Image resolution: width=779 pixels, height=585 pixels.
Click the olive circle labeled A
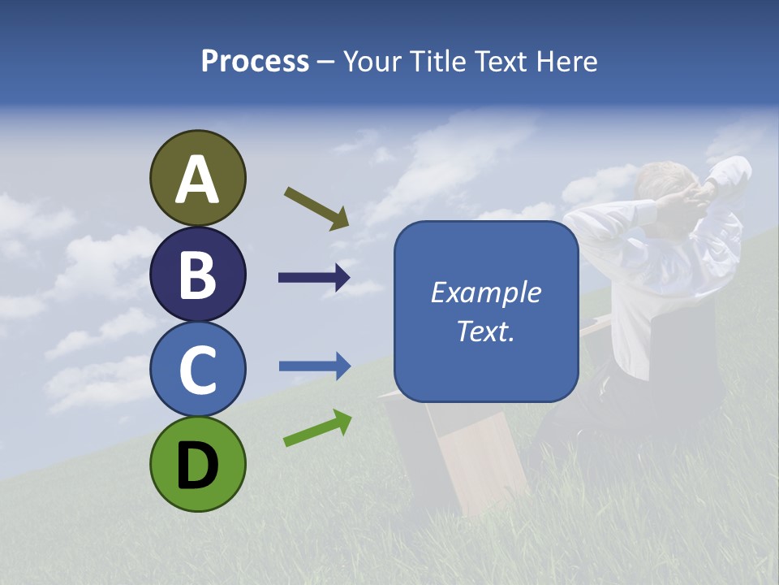point(198,178)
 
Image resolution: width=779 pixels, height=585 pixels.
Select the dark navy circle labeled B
point(198,274)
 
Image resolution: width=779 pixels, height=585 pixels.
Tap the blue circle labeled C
point(198,369)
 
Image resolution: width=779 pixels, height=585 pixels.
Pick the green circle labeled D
point(198,465)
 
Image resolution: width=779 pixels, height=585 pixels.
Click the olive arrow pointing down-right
point(316,207)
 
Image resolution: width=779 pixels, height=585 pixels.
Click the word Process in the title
point(255,61)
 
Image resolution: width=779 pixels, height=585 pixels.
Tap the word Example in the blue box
point(486,292)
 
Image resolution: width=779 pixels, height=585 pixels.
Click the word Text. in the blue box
point(486,331)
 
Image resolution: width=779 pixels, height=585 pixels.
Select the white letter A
point(198,180)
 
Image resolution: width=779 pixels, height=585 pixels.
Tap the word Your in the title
point(372,61)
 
